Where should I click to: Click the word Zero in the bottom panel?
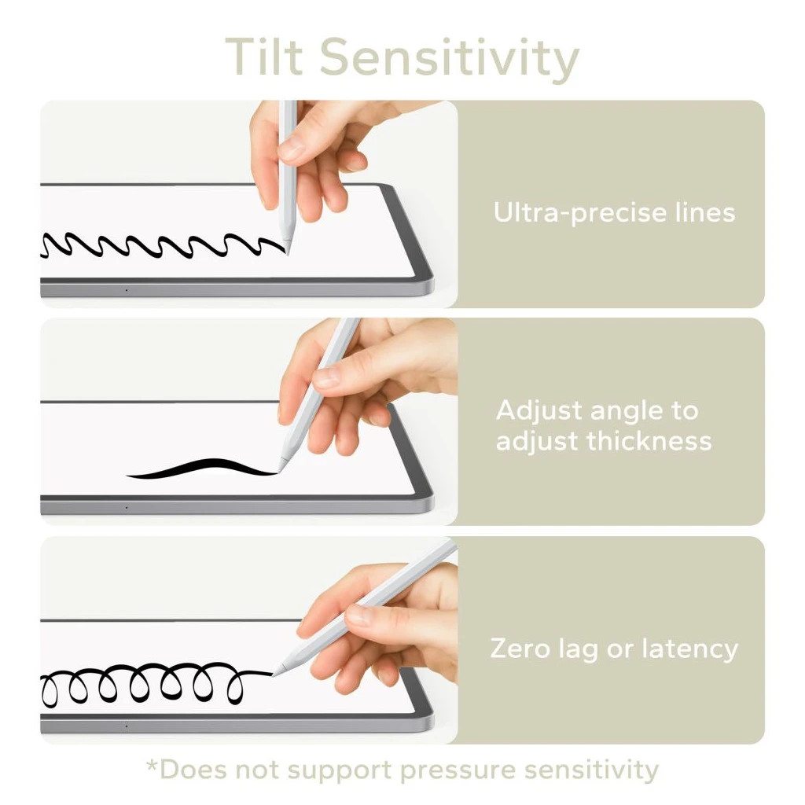click(520, 649)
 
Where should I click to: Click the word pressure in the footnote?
click(457, 771)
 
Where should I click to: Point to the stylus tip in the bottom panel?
click(274, 674)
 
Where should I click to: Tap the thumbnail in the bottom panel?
click(358, 615)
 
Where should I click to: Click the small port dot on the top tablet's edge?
click(127, 291)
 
